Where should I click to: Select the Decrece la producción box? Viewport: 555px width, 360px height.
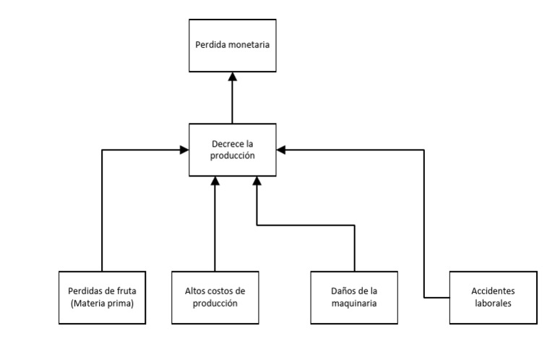point(232,150)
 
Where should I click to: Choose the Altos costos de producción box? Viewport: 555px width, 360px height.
point(215,297)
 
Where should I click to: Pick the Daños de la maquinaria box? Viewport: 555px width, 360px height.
point(354,297)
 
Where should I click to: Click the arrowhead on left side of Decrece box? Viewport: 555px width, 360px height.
point(184,150)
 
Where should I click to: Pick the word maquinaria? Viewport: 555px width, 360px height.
point(354,304)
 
